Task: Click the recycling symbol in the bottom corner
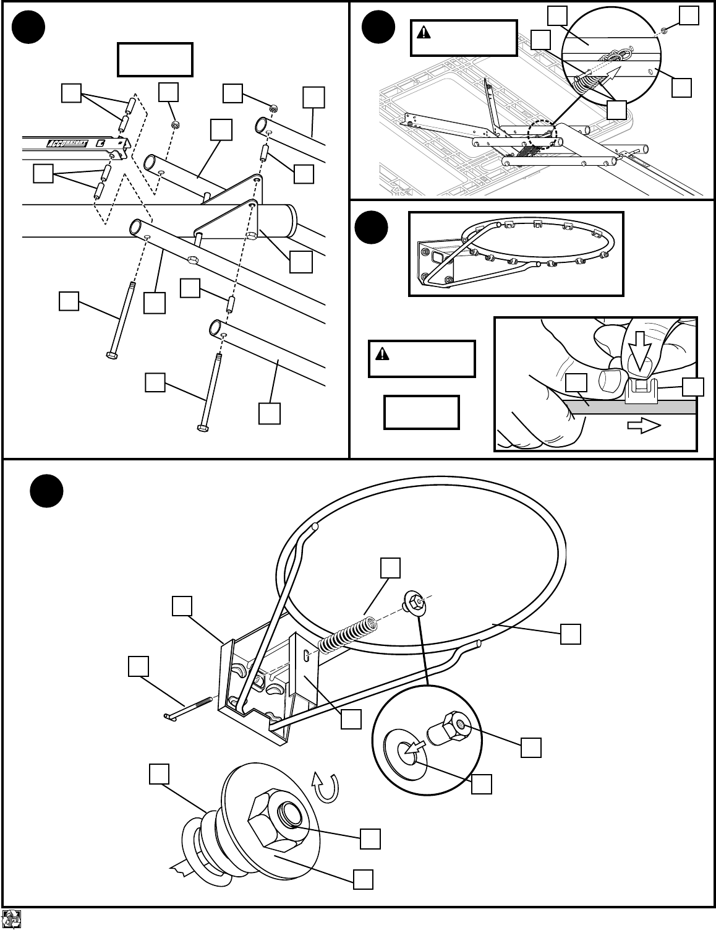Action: pyautogui.click(x=12, y=918)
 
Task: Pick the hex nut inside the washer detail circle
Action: pyautogui.click(x=454, y=724)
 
